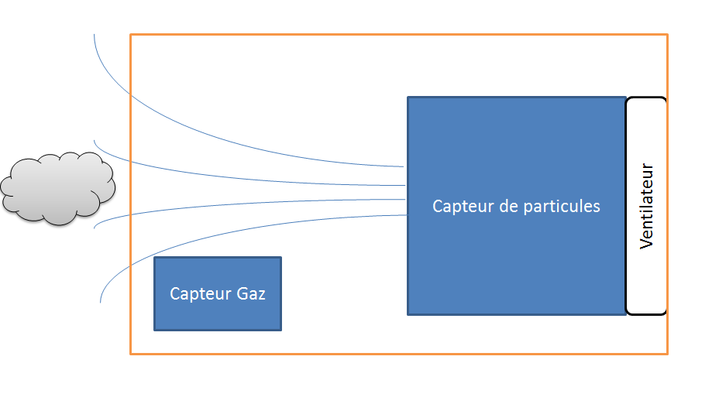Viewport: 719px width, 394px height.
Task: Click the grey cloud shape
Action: tap(58, 188)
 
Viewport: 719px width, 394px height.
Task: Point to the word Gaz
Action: tap(251, 294)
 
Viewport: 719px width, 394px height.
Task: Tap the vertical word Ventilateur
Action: tap(647, 206)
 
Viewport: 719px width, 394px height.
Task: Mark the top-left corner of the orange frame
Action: tap(131, 35)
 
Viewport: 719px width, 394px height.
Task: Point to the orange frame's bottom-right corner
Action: tap(667, 354)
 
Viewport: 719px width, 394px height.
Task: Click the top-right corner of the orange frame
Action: tap(667, 35)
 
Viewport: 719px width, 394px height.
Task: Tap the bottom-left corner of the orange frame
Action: tap(131, 354)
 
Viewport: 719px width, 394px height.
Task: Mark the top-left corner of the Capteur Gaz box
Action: tap(155, 258)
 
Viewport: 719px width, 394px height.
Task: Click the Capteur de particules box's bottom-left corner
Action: tap(408, 313)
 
